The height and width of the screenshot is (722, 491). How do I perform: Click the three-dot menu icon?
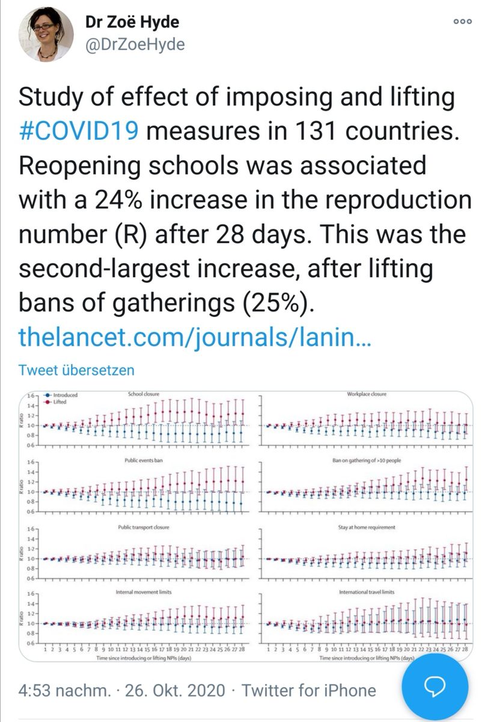(462, 21)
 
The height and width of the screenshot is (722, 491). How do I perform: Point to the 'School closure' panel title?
(143, 394)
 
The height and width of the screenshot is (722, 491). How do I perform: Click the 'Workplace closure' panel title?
(367, 394)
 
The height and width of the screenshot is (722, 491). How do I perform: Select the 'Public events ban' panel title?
(143, 460)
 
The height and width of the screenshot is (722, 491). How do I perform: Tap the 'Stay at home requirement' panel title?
(367, 527)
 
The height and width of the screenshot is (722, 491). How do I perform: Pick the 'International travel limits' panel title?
(367, 592)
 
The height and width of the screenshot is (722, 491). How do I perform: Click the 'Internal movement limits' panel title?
(143, 592)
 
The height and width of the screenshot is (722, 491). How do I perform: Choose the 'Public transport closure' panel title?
(143, 527)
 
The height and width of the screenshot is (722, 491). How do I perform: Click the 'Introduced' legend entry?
(64, 395)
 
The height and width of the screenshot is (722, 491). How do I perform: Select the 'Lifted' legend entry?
(60, 401)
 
